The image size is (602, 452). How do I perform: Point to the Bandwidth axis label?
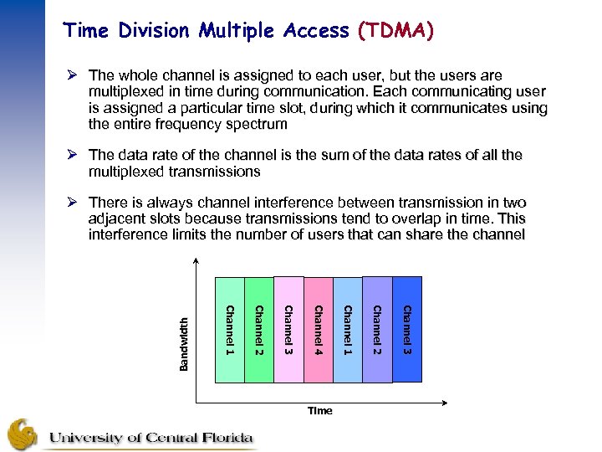pos(185,342)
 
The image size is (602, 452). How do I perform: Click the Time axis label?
pos(319,410)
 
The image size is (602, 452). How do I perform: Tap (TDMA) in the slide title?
pos(395,32)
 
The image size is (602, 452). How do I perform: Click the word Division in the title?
pos(156,32)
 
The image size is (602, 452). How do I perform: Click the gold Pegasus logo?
pos(23,433)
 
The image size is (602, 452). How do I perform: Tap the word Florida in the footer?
pos(221,437)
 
